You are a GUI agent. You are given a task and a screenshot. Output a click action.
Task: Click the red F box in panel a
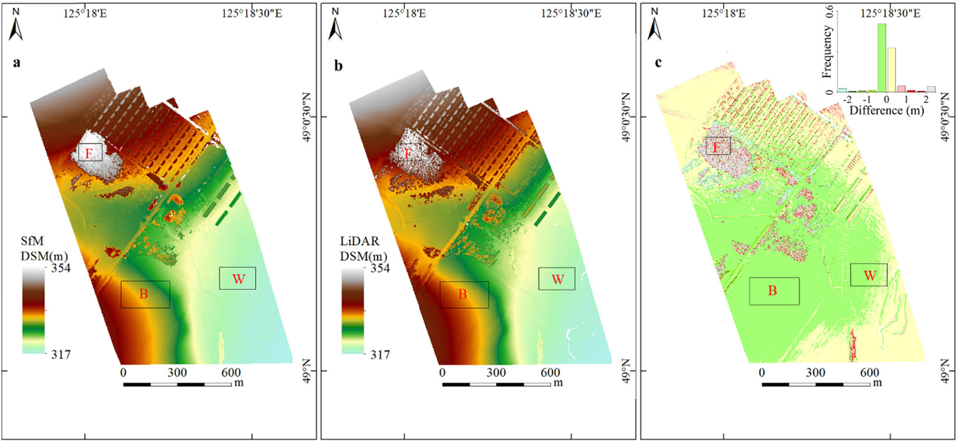point(90,152)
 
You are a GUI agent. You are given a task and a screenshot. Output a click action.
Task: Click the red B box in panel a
point(145,294)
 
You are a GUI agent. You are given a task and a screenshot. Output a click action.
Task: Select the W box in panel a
point(238,278)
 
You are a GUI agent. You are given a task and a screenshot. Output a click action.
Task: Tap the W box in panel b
point(557,279)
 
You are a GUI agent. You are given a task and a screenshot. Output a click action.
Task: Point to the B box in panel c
point(774,291)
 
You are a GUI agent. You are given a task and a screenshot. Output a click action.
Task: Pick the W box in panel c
point(869,275)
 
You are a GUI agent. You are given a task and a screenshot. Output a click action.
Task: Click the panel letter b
point(338,66)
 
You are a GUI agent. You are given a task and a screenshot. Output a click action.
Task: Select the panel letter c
point(658,62)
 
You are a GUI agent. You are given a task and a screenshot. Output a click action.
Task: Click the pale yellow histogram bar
point(891,69)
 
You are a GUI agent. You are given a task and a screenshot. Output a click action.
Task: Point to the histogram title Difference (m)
point(886,111)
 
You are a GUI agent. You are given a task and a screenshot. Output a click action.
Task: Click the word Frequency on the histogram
point(827,52)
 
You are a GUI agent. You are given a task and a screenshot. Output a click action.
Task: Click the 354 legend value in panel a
point(61,268)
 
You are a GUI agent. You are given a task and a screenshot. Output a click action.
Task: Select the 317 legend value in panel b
point(380,355)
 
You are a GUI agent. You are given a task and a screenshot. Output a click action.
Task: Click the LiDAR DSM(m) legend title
point(363,249)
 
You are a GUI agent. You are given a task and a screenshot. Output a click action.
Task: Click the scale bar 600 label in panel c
point(869,373)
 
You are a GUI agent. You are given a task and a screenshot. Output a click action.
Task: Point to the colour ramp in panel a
point(34,310)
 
